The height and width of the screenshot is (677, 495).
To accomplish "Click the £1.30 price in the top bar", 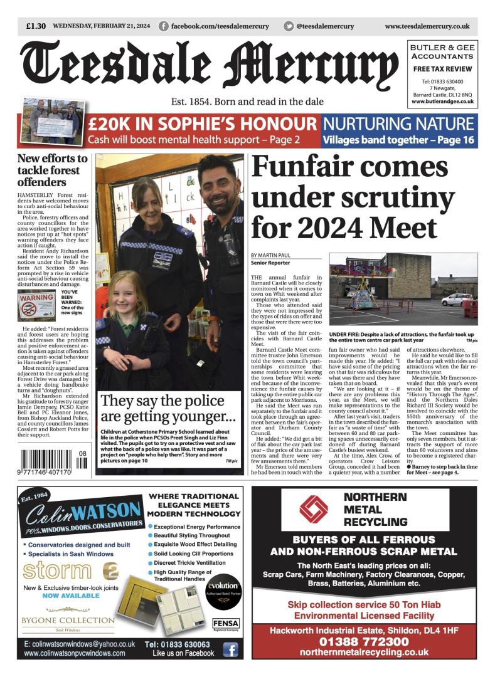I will pyautogui.click(x=36, y=26).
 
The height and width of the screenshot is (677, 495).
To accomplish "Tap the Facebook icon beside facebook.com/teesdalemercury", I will pyautogui.click(x=164, y=26).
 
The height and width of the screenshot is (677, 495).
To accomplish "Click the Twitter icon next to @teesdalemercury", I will pyautogui.click(x=289, y=26).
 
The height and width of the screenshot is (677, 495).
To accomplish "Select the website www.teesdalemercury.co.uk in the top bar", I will pyautogui.click(x=427, y=26).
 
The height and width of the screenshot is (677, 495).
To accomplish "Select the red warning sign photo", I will pyautogui.click(x=36, y=305).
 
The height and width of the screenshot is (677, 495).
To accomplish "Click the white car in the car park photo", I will pyautogui.click(x=456, y=300).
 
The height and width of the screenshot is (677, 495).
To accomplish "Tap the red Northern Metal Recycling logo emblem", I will pyautogui.click(x=313, y=508).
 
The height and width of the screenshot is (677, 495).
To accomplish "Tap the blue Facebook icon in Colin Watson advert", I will pyautogui.click(x=230, y=649).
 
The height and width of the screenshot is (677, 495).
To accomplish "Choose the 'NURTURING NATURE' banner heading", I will pyautogui.click(x=398, y=123).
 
